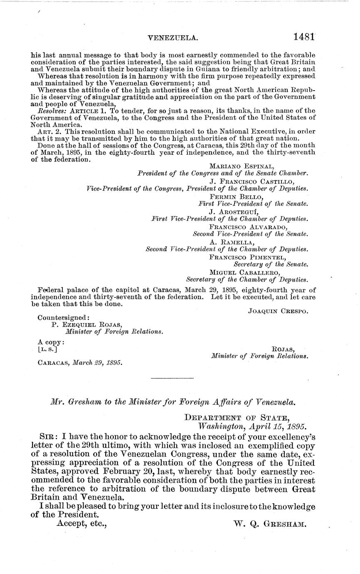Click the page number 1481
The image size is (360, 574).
[x=303, y=37]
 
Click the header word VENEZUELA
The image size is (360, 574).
[x=173, y=38]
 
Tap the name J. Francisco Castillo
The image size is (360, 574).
[x=252, y=182]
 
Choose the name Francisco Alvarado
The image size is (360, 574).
[x=248, y=227]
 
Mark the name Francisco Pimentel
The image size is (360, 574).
[x=247, y=257]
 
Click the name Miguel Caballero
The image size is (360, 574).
[x=245, y=272]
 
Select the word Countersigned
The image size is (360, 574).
[x=63, y=317]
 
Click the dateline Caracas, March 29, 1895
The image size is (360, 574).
[x=80, y=363]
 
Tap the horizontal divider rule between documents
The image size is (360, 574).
[x=172, y=378]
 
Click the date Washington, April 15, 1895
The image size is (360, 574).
[x=252, y=426]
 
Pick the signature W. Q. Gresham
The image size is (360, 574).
[x=270, y=524]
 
